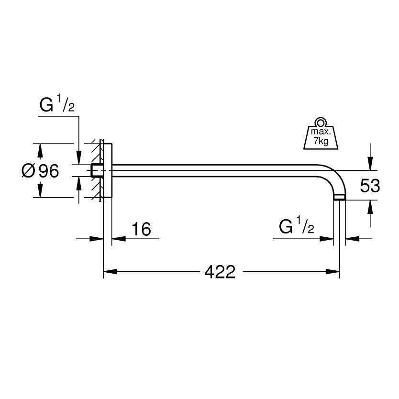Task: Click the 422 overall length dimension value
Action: click(x=220, y=272)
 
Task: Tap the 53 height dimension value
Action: click(x=370, y=186)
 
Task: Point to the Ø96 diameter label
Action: click(x=41, y=170)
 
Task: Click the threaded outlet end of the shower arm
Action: click(x=339, y=197)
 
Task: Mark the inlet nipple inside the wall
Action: click(x=96, y=170)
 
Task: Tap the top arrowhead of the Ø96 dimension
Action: click(x=40, y=149)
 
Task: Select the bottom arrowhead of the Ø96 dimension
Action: click(x=40, y=192)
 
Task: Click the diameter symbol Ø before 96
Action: click(x=28, y=170)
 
